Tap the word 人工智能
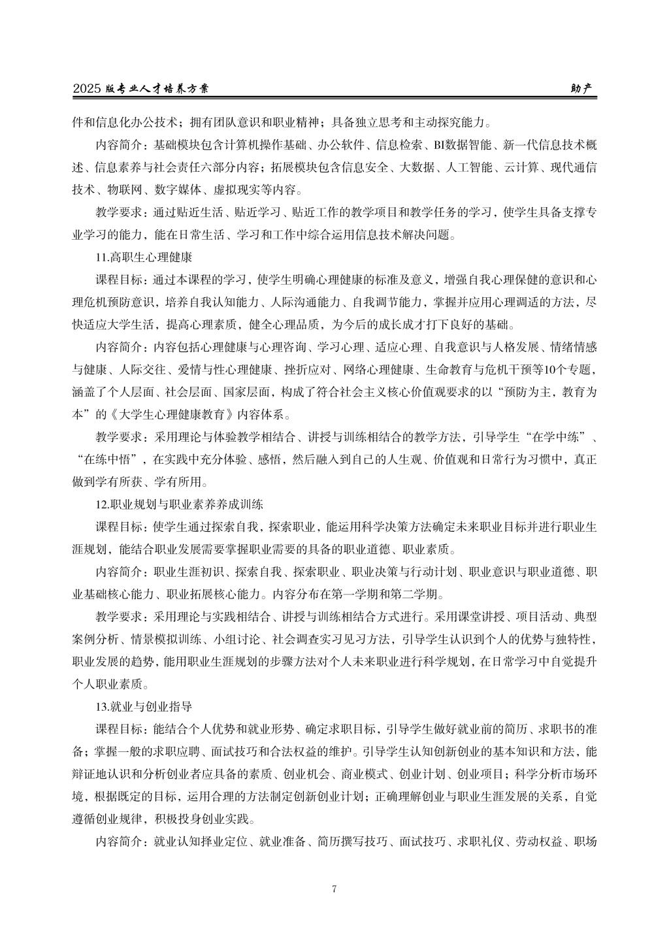[469, 167]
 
